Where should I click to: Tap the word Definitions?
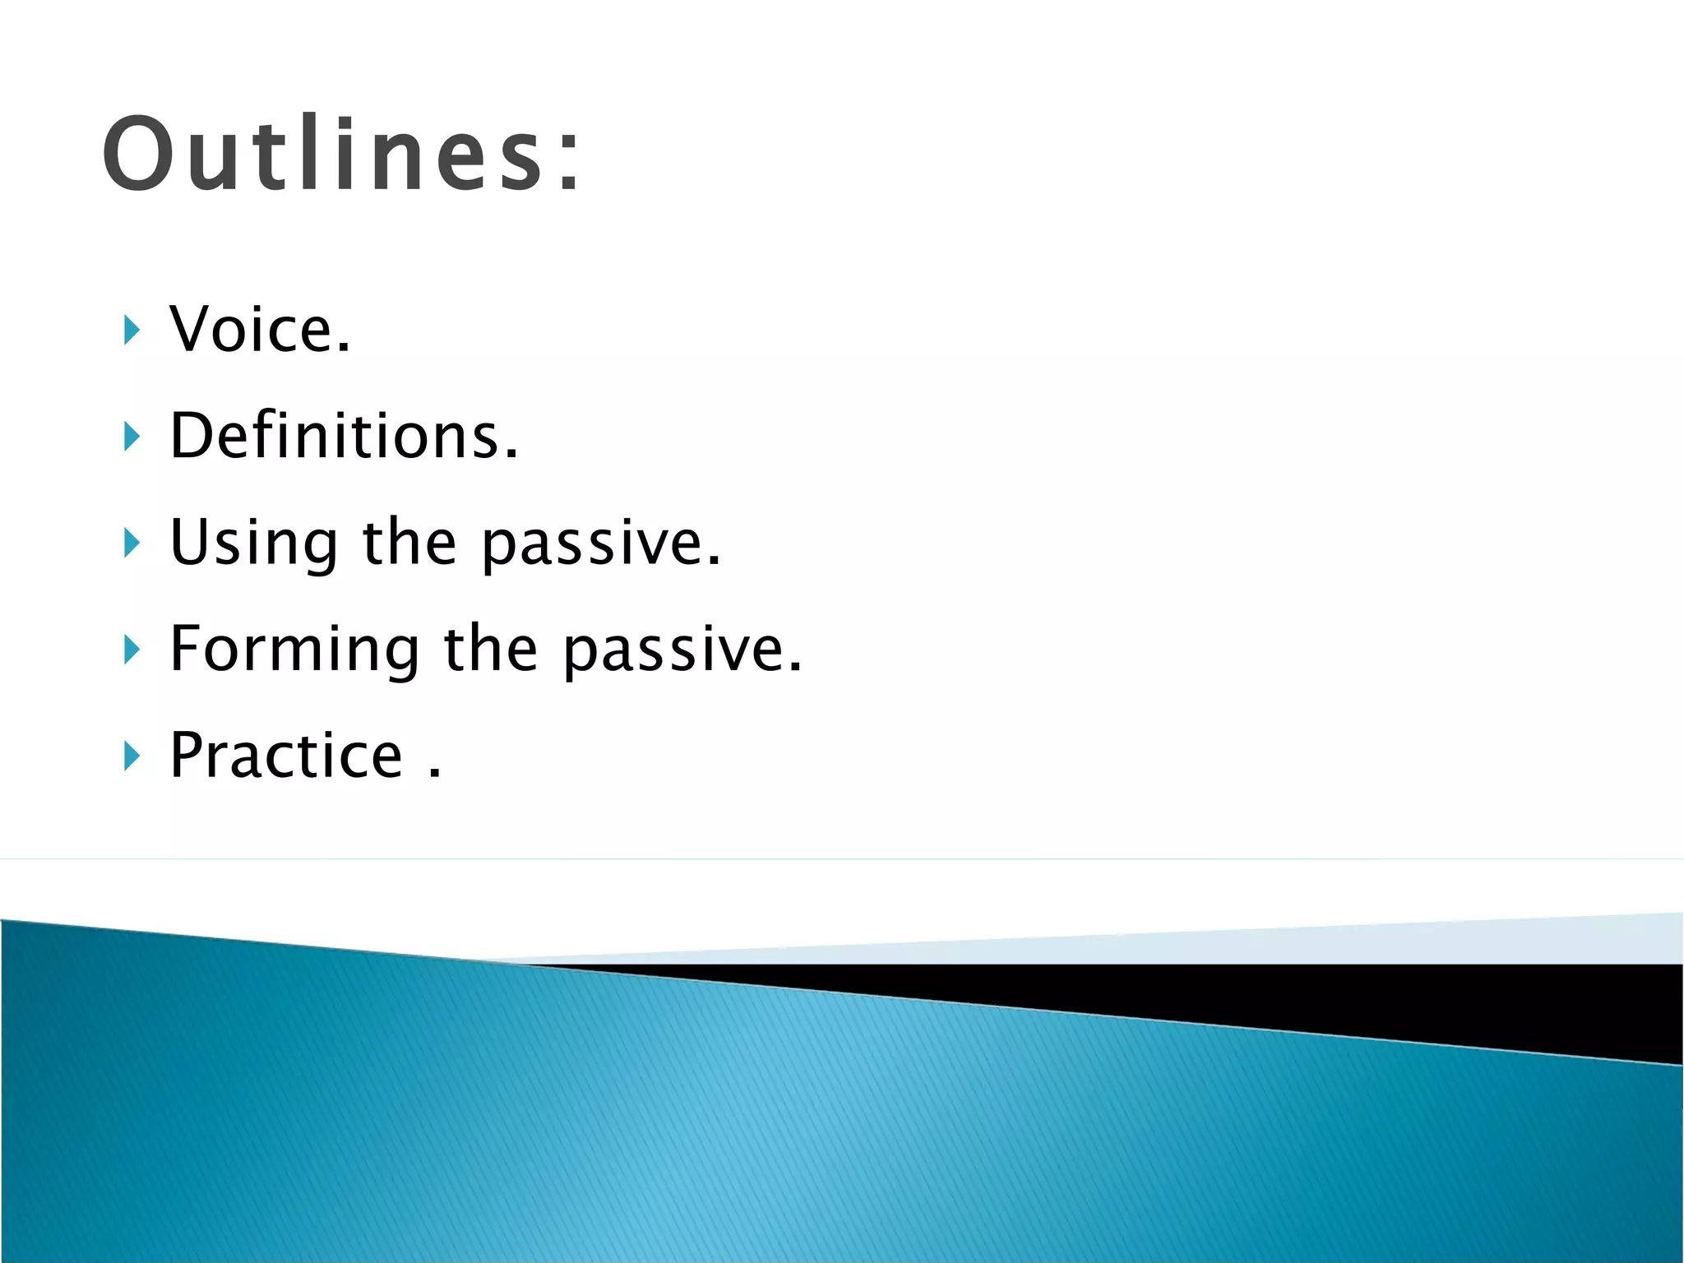334,436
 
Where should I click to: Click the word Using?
254,544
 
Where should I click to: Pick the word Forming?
294,650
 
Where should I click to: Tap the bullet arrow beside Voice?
132,330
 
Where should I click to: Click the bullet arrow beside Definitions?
132,437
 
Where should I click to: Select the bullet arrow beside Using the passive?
132,543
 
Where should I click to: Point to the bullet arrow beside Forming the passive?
132,650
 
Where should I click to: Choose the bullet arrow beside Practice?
132,756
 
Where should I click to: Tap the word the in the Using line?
409,543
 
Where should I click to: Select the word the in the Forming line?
491,650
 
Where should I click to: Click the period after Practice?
435,773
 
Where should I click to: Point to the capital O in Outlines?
138,155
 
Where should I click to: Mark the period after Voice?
343,348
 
